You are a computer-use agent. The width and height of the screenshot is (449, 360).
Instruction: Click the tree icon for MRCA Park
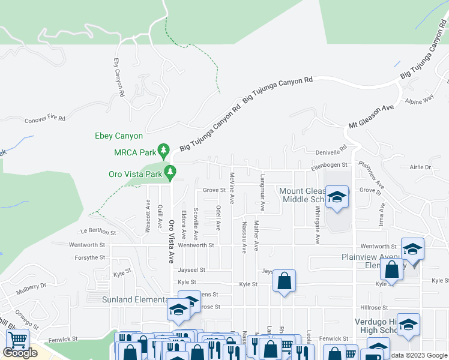(x=163, y=149)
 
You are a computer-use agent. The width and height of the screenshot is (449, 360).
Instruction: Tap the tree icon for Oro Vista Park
(x=170, y=173)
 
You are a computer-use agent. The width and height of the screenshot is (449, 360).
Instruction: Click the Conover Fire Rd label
(x=45, y=120)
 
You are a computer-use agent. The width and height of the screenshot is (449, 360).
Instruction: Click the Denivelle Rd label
(x=333, y=150)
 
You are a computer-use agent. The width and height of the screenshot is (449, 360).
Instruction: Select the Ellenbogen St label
(x=329, y=164)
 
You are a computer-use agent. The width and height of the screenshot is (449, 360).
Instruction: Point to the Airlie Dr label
(x=421, y=167)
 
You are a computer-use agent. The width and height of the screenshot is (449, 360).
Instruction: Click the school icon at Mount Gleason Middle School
(x=337, y=197)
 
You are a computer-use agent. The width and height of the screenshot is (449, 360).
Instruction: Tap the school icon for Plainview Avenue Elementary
(x=412, y=248)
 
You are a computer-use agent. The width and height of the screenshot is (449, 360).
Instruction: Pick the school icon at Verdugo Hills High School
(x=408, y=325)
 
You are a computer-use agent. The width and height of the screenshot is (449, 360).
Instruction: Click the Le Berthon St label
(x=98, y=231)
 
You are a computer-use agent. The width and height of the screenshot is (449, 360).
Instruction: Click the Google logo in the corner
(x=20, y=352)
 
